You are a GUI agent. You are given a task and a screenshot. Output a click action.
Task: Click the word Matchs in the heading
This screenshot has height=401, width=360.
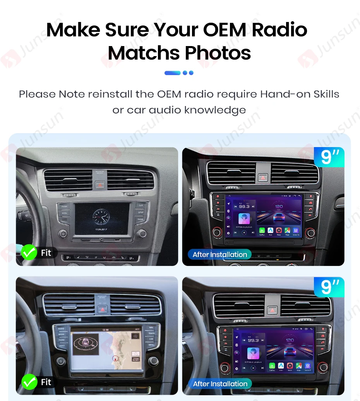[x=143, y=53]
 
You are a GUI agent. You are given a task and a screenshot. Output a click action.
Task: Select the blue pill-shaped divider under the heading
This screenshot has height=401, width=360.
[x=172, y=73]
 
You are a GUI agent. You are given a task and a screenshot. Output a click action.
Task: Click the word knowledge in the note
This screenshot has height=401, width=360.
[x=215, y=110]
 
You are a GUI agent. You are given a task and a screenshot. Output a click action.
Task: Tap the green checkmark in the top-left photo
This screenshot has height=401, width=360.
[x=29, y=253]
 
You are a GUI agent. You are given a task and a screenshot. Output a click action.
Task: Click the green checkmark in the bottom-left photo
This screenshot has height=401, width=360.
[x=29, y=382]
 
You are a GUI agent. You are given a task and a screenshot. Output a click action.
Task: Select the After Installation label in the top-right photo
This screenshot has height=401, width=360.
[x=219, y=255]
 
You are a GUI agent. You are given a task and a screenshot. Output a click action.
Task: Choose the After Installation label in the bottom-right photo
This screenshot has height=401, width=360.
[x=219, y=384]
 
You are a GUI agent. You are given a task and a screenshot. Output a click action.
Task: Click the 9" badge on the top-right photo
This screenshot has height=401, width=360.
[x=329, y=158]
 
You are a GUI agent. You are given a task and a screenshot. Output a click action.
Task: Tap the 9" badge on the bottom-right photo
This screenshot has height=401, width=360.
[x=329, y=287]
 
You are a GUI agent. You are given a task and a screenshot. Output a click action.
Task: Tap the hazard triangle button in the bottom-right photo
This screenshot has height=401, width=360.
[x=273, y=310]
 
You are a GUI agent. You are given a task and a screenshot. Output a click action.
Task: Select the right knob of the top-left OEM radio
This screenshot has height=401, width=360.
[x=142, y=233]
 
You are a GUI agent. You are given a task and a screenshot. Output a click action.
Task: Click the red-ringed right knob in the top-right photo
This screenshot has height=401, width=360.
[x=310, y=232]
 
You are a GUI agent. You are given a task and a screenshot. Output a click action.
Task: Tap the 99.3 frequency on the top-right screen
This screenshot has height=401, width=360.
[x=244, y=207]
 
